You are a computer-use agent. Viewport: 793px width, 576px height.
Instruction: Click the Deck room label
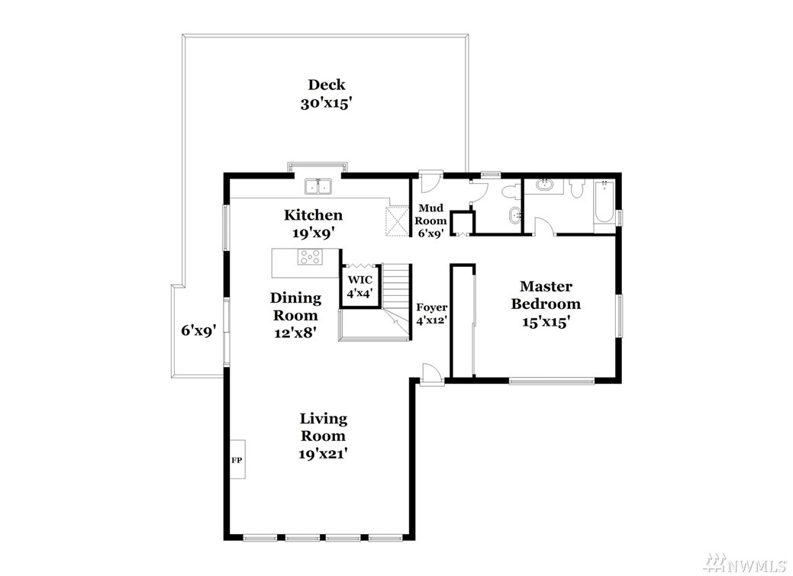pyautogui.click(x=327, y=85)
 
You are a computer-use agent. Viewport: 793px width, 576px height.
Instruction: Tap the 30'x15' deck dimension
pyautogui.click(x=326, y=104)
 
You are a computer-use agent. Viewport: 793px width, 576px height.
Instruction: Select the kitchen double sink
pyautogui.click(x=318, y=187)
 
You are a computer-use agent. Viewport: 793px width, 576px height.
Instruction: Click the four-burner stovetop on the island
pyautogui.click(x=310, y=257)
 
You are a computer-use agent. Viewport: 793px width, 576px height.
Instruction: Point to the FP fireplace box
pyautogui.click(x=237, y=459)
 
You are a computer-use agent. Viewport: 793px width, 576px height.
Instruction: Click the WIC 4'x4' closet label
pyautogui.click(x=359, y=287)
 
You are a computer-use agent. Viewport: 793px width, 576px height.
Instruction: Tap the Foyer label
pyautogui.click(x=431, y=307)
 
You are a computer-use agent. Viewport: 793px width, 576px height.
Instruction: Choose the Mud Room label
pyautogui.click(x=430, y=214)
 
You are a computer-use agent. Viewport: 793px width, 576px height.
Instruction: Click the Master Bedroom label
pyautogui.click(x=546, y=294)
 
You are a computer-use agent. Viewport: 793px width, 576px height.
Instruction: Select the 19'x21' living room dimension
pyautogui.click(x=323, y=454)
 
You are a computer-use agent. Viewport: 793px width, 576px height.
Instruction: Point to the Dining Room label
pyautogui.click(x=295, y=307)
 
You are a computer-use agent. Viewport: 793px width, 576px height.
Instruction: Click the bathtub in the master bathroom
pyautogui.click(x=604, y=202)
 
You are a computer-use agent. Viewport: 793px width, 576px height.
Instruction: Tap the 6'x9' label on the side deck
pyautogui.click(x=199, y=331)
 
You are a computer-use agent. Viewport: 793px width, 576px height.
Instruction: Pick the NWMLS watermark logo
pyautogui.click(x=751, y=562)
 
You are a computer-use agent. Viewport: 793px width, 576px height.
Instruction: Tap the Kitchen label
pyautogui.click(x=313, y=215)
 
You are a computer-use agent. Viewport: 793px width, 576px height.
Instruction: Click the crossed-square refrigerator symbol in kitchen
pyautogui.click(x=397, y=221)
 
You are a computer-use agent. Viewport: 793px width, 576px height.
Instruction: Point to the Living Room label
pyautogui.click(x=323, y=426)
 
